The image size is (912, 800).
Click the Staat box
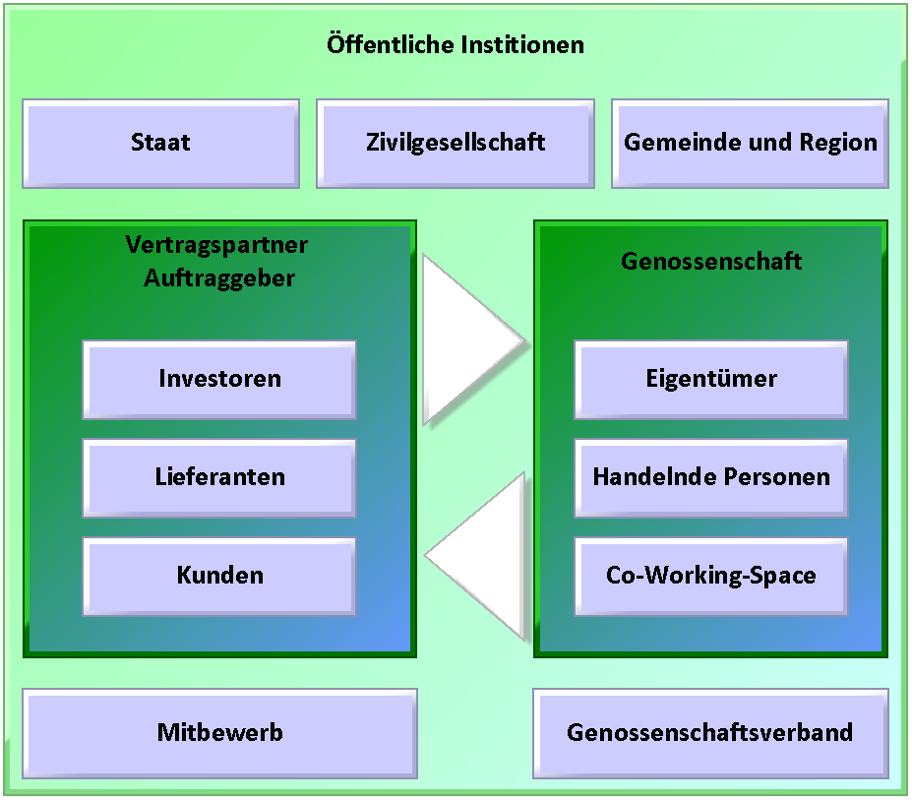161,144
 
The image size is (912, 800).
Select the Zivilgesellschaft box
456,144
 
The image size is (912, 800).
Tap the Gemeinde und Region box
750,144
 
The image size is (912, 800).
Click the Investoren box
219,380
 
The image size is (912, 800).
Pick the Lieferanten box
219,478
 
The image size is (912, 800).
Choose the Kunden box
219,577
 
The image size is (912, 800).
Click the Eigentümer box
711,380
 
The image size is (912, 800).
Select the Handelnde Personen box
711,478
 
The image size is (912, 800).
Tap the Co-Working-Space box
711,577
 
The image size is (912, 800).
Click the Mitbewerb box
219,734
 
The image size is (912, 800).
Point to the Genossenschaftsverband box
710,734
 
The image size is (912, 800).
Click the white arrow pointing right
465,340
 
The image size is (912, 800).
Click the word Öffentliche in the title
390,45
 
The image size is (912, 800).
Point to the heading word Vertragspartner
216,246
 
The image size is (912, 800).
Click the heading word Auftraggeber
219,278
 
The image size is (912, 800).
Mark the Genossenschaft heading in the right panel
711,261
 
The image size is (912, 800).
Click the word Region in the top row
838,143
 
